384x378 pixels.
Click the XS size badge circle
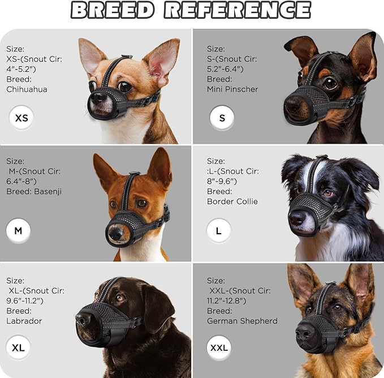coord(21,118)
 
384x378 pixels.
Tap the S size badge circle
coord(222,118)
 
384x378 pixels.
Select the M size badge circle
coord(18,231)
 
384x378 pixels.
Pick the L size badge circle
coord(219,231)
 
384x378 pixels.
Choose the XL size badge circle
coord(18,347)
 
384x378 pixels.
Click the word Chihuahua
coord(27,89)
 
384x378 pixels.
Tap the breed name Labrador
coord(24,321)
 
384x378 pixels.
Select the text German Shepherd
coord(242,321)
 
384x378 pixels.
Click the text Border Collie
coord(232,201)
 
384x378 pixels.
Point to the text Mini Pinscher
coord(232,89)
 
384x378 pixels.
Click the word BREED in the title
coord(113,10)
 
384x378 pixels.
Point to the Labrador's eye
coord(120,298)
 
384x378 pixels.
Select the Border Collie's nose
coord(296,217)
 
